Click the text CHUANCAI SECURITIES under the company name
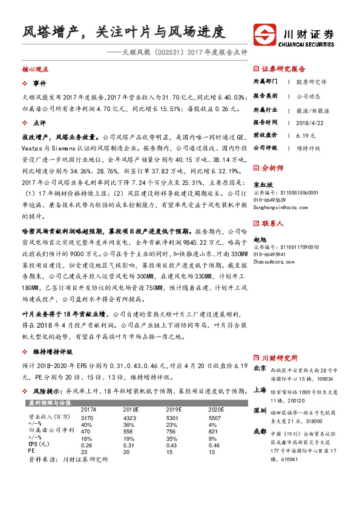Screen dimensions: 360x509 pyautogui.click(x=307, y=44)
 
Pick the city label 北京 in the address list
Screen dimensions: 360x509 pyautogui.click(x=259, y=368)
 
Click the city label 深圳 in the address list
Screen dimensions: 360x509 pyautogui.click(x=259, y=410)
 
